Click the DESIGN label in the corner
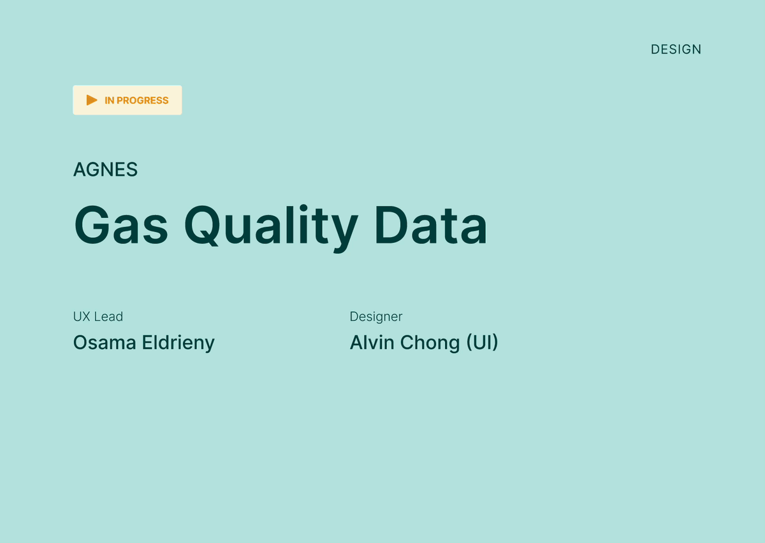click(676, 50)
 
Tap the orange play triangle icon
click(92, 100)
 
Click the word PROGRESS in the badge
click(142, 101)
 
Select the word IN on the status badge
click(109, 101)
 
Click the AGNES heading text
click(106, 170)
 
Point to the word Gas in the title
click(121, 225)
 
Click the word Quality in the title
click(271, 229)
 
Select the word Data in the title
click(431, 225)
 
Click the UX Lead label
click(98, 317)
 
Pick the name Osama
click(105, 342)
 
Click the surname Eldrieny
click(178, 344)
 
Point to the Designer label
click(376, 317)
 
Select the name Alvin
click(372, 342)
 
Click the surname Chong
click(430, 344)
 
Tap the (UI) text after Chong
click(482, 342)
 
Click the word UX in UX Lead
click(82, 317)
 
